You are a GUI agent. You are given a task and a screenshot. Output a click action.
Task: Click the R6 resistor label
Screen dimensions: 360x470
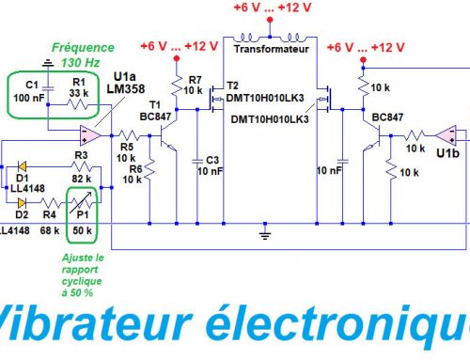134,170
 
